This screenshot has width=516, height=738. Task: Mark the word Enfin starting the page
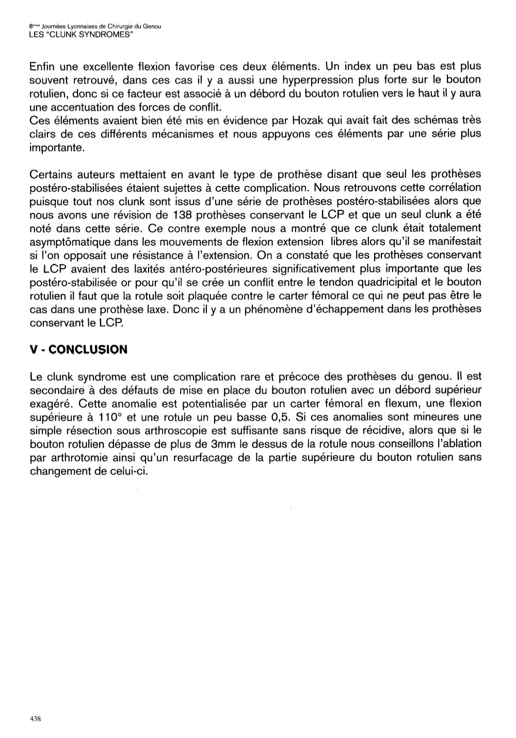pos(42,67)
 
